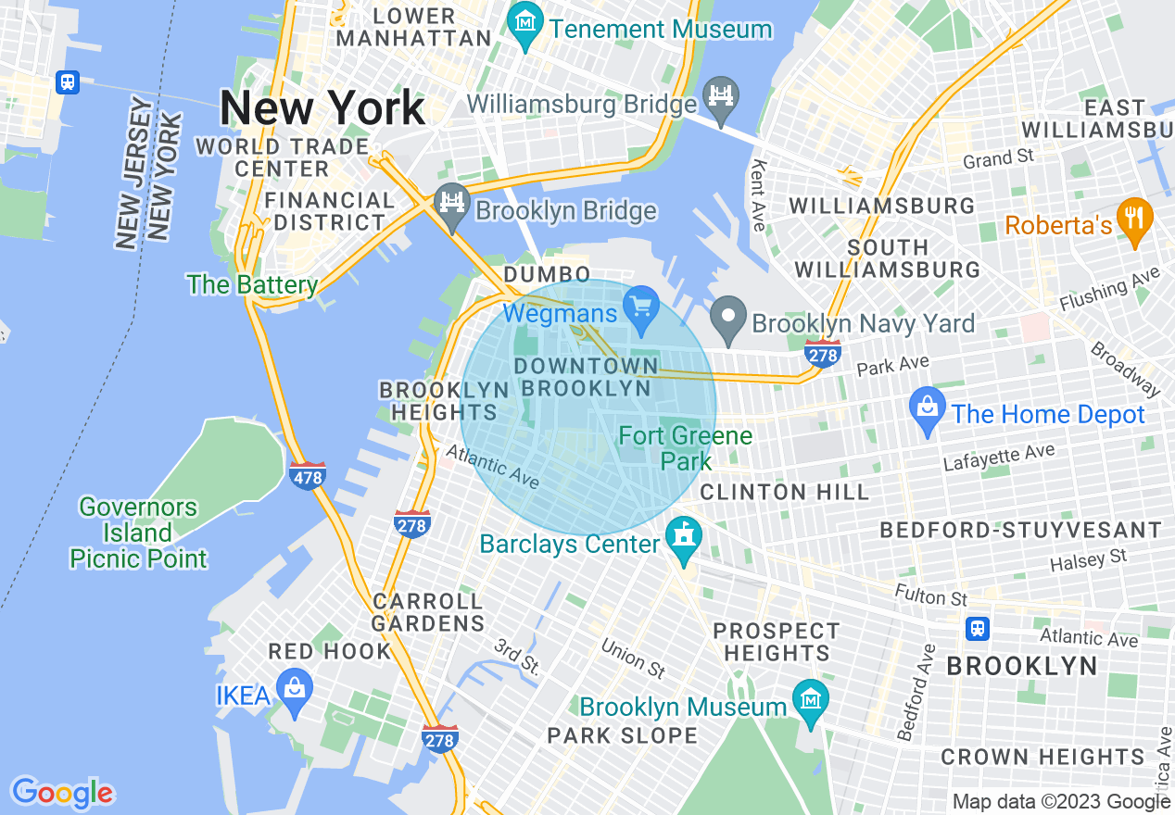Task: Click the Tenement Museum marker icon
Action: coord(526,20)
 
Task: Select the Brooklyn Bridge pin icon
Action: coord(452,204)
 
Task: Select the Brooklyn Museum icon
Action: coord(810,700)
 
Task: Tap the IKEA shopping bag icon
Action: coord(296,690)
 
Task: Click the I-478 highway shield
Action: coord(307,476)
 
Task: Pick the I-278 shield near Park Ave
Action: coord(823,353)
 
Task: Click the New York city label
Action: coord(322,109)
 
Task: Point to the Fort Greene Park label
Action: coord(686,447)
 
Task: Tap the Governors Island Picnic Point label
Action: coord(138,533)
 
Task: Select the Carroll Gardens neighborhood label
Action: coord(428,612)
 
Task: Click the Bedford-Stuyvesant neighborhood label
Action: coord(1020,530)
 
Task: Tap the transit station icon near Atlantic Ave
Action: coord(977,629)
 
